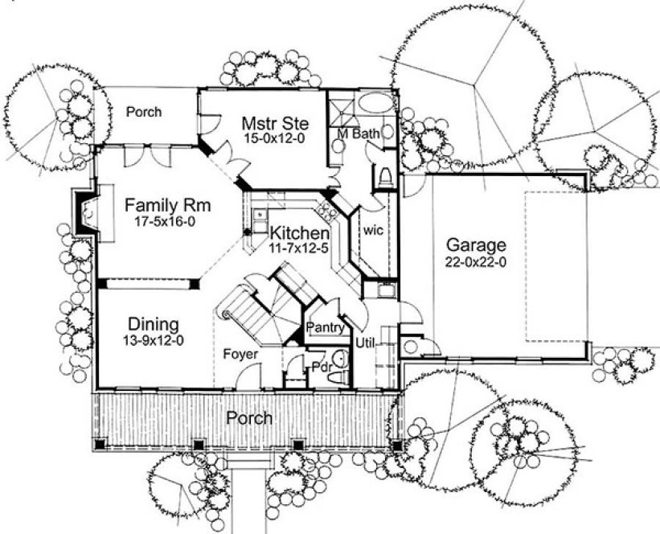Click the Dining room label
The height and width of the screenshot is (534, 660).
click(152, 324)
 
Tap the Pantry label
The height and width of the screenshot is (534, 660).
click(326, 327)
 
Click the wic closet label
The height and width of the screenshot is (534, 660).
click(372, 230)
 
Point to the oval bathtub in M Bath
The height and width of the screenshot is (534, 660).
click(374, 103)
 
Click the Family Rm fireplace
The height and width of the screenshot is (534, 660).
click(85, 215)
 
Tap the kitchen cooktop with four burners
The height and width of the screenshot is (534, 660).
click(328, 212)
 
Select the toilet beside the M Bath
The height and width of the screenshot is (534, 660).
click(384, 176)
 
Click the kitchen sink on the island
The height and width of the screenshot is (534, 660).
click(259, 216)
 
